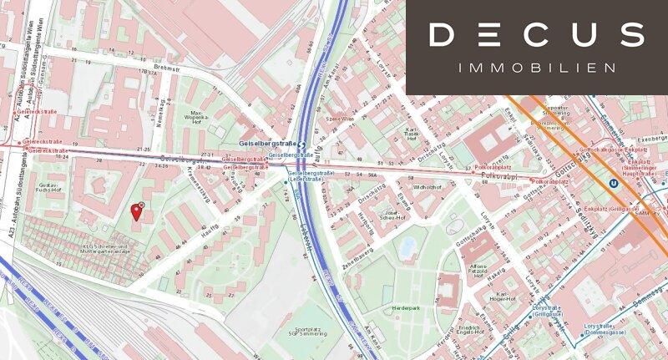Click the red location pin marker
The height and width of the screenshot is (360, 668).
click(x=136, y=211)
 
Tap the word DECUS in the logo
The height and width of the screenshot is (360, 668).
click(x=537, y=35)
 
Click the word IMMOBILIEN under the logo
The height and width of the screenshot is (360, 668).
click(x=537, y=67)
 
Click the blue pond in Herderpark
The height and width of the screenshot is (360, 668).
click(x=407, y=248)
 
